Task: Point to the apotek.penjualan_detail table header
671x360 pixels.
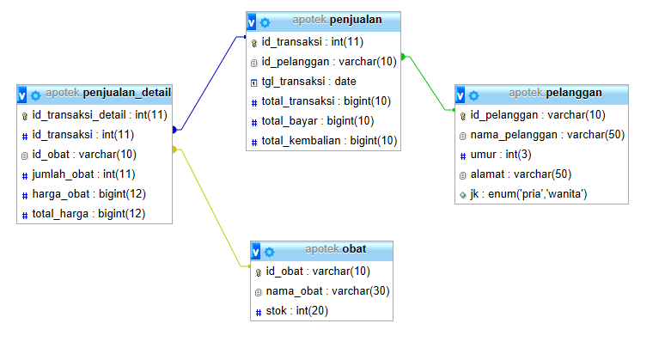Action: pos(108,93)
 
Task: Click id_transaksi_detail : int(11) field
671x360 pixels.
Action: pos(99,114)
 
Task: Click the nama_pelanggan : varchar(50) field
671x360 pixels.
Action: pos(547,135)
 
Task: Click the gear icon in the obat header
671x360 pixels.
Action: pos(269,252)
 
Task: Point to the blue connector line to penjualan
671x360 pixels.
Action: pos(210,85)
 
